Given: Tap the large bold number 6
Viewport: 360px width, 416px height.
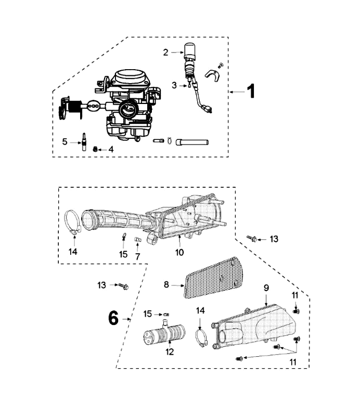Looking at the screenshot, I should (x=113, y=318).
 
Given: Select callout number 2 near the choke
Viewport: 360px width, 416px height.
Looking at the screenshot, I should (x=166, y=52).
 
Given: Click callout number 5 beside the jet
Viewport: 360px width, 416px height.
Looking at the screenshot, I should (x=65, y=140).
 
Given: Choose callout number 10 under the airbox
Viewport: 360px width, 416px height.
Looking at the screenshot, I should (x=179, y=253).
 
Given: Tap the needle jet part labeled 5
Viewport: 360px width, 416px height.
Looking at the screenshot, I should (x=82, y=141).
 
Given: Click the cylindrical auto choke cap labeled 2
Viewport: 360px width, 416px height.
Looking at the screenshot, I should (x=190, y=50).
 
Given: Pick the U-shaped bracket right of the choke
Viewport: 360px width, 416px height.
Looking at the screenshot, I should (x=212, y=75).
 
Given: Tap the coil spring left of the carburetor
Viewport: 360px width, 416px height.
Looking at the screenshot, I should (x=77, y=108).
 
